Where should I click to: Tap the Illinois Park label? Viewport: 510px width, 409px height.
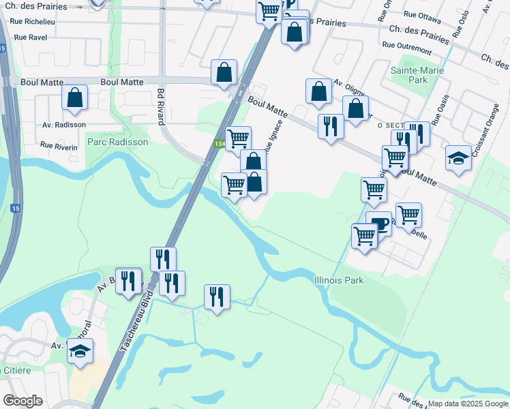click(339, 280)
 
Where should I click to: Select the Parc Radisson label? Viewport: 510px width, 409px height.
click(117, 142)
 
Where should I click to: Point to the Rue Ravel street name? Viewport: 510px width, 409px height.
click(30, 37)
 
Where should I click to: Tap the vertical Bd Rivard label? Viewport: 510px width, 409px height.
click(161, 106)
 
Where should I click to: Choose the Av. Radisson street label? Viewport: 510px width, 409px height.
click(64, 125)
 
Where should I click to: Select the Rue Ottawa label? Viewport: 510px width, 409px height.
click(422, 14)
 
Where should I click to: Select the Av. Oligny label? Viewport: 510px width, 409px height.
click(348, 87)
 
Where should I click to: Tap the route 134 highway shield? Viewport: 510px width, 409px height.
click(219, 144)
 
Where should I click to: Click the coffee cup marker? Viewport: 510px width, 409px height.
click(378, 224)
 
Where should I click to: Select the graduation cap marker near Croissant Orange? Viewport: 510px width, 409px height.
click(458, 158)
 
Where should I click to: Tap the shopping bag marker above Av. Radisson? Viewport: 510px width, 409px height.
click(75, 97)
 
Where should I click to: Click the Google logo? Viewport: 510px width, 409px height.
click(22, 401)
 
